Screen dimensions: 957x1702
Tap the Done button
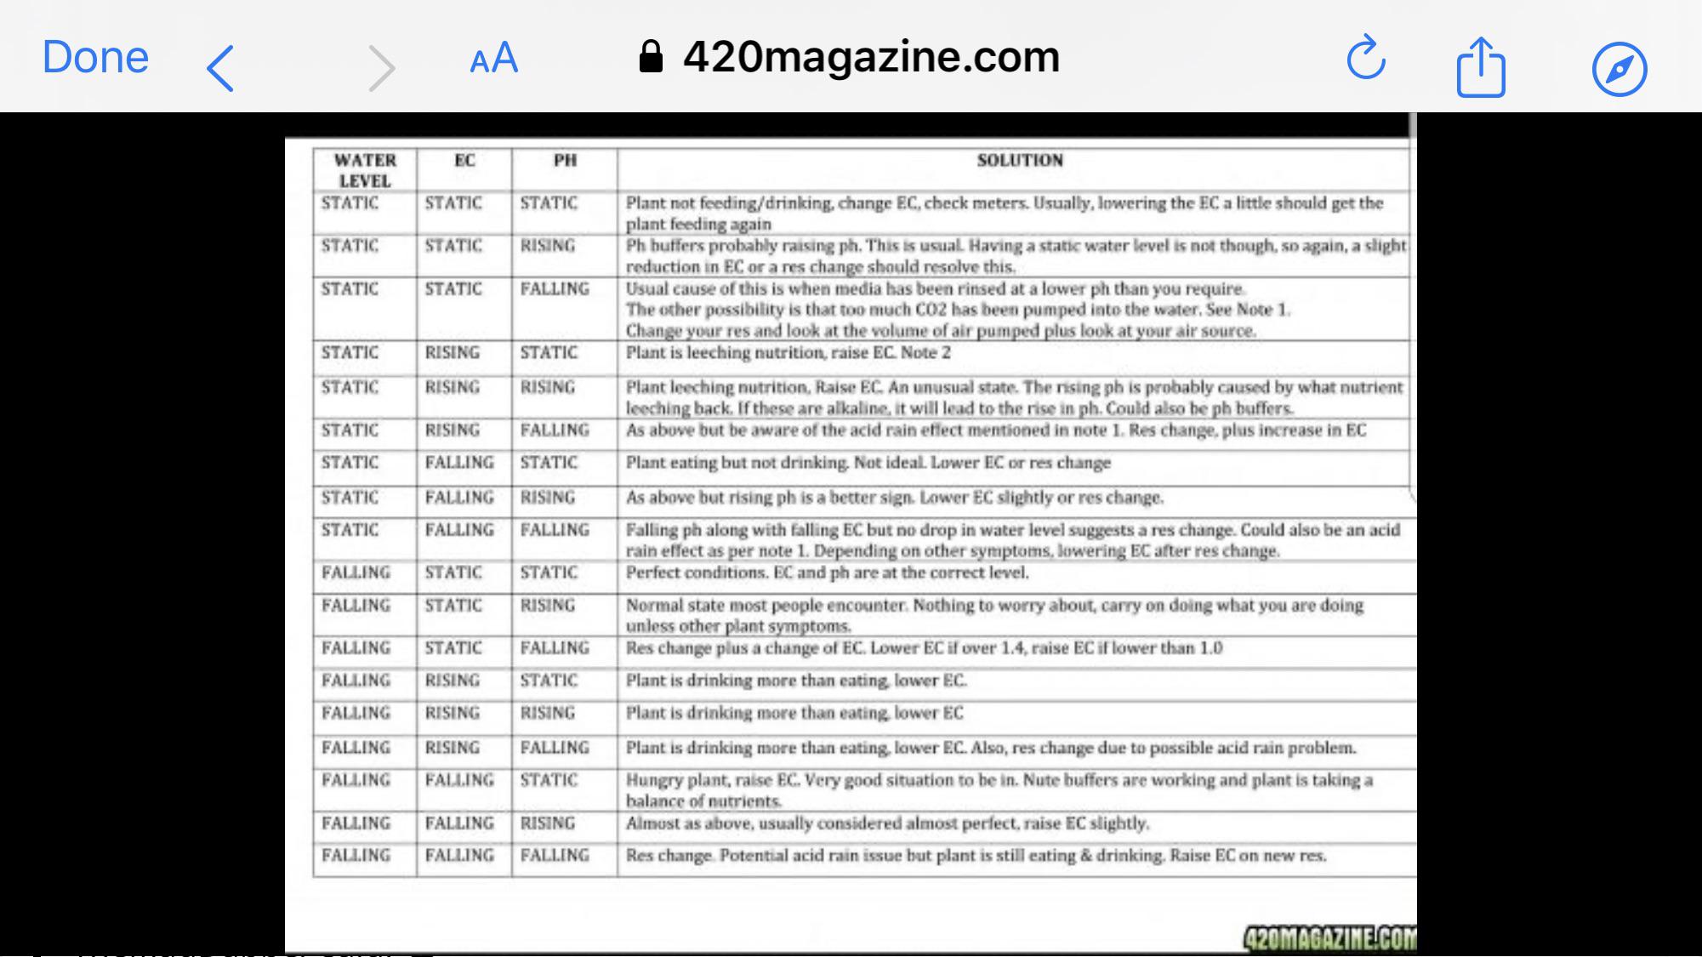[x=95, y=58]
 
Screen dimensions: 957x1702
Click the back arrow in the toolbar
[x=220, y=68]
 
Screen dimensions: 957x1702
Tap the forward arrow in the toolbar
[x=381, y=68]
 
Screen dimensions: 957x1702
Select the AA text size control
[x=494, y=59]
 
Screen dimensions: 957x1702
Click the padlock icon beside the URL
[x=651, y=57]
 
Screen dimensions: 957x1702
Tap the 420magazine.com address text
[x=871, y=57]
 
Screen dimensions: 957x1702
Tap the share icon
[x=1481, y=67]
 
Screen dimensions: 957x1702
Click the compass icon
[x=1619, y=68]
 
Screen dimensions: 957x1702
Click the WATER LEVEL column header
[x=365, y=170]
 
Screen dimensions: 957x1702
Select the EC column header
[x=464, y=161]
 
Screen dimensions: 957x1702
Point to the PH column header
[x=565, y=161]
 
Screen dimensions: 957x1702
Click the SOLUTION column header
[x=1019, y=161]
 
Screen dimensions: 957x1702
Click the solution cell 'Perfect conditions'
[x=827, y=572]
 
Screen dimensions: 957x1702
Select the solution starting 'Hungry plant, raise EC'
[x=999, y=789]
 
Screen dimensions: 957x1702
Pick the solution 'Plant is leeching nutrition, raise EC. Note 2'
[x=788, y=353]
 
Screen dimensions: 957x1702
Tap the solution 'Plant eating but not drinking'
[x=868, y=463]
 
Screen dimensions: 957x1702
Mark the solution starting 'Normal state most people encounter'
[x=993, y=614]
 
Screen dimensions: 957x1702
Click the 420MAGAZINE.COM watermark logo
[x=1329, y=937]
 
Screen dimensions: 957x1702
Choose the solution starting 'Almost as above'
[x=886, y=823]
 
